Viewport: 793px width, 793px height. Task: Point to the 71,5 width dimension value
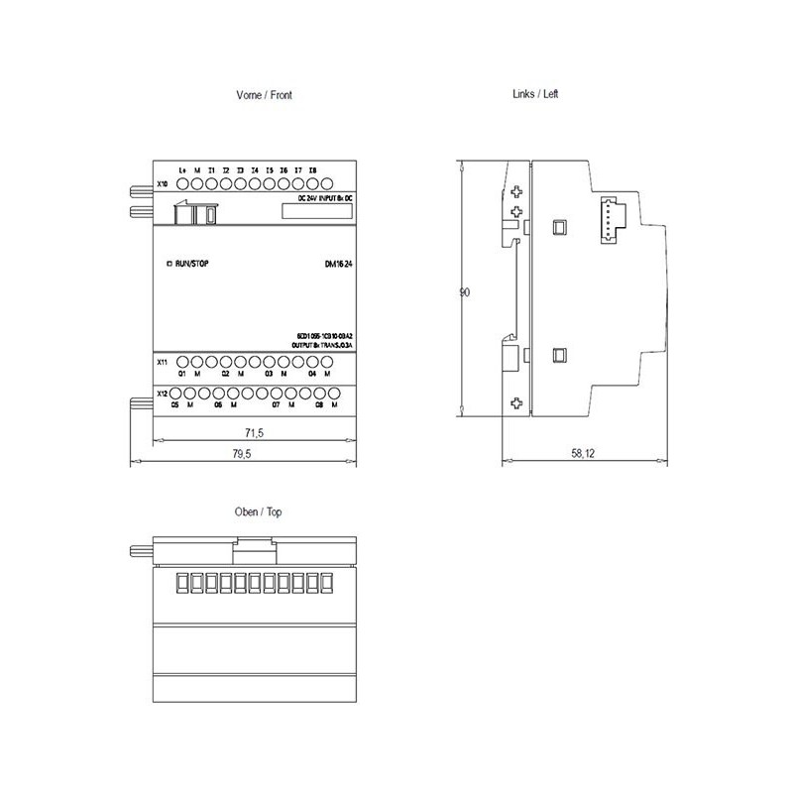coord(255,433)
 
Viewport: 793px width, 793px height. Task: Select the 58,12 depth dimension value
coord(583,453)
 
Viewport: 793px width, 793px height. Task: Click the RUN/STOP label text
coord(191,263)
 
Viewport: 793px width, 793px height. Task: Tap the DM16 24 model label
coord(339,263)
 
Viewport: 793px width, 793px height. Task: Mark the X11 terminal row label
coord(163,363)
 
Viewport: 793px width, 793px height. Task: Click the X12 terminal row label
coord(163,395)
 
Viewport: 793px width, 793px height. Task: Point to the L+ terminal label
coord(183,170)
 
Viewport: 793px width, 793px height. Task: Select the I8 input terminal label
coord(312,170)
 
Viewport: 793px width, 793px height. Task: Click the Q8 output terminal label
coord(319,405)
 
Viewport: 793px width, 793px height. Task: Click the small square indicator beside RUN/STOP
coord(169,263)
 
